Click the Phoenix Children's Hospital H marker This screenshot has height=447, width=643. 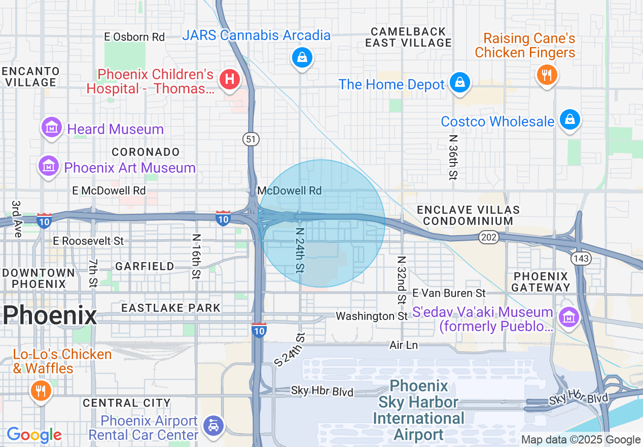pyautogui.click(x=229, y=79)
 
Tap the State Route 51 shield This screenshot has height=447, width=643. pyautogui.click(x=251, y=139)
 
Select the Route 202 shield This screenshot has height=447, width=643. pyautogui.click(x=488, y=237)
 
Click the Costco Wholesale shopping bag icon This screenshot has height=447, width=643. pyautogui.click(x=569, y=120)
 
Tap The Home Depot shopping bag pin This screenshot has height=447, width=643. pyautogui.click(x=459, y=82)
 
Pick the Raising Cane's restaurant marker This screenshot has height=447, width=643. pyautogui.click(x=547, y=75)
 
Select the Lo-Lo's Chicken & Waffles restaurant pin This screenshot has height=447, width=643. pyautogui.click(x=40, y=391)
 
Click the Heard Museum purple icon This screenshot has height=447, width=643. pyautogui.click(x=52, y=127)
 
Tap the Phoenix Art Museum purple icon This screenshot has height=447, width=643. pyautogui.click(x=49, y=166)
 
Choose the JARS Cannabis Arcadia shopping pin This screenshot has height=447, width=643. pyautogui.click(x=302, y=57)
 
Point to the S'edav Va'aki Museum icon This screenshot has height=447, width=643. pyautogui.click(x=568, y=317)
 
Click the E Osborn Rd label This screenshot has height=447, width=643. pyautogui.click(x=134, y=37)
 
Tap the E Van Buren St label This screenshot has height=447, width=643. pyautogui.click(x=449, y=293)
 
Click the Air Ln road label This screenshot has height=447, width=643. pyautogui.click(x=404, y=345)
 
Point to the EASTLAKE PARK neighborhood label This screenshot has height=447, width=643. pyautogui.click(x=171, y=308)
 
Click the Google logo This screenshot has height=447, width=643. pyautogui.click(x=34, y=435)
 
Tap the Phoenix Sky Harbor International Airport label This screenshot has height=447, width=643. pyautogui.click(x=419, y=410)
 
